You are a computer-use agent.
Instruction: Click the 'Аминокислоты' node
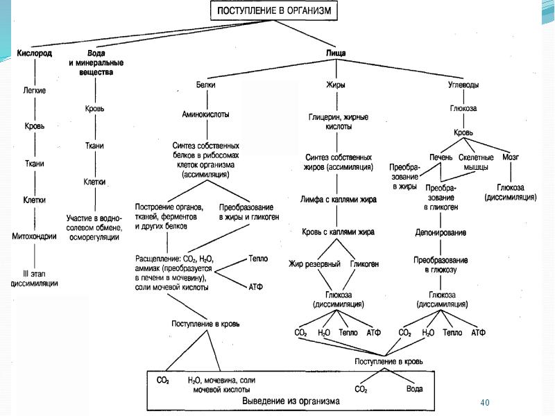pyautogui.click(x=205, y=114)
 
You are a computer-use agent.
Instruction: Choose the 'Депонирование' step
pyautogui.click(x=441, y=233)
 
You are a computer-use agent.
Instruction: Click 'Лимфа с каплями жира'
pyautogui.click(x=339, y=199)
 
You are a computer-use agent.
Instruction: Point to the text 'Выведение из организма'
pyautogui.click(x=290, y=401)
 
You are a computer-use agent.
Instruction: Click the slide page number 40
pyautogui.click(x=485, y=402)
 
